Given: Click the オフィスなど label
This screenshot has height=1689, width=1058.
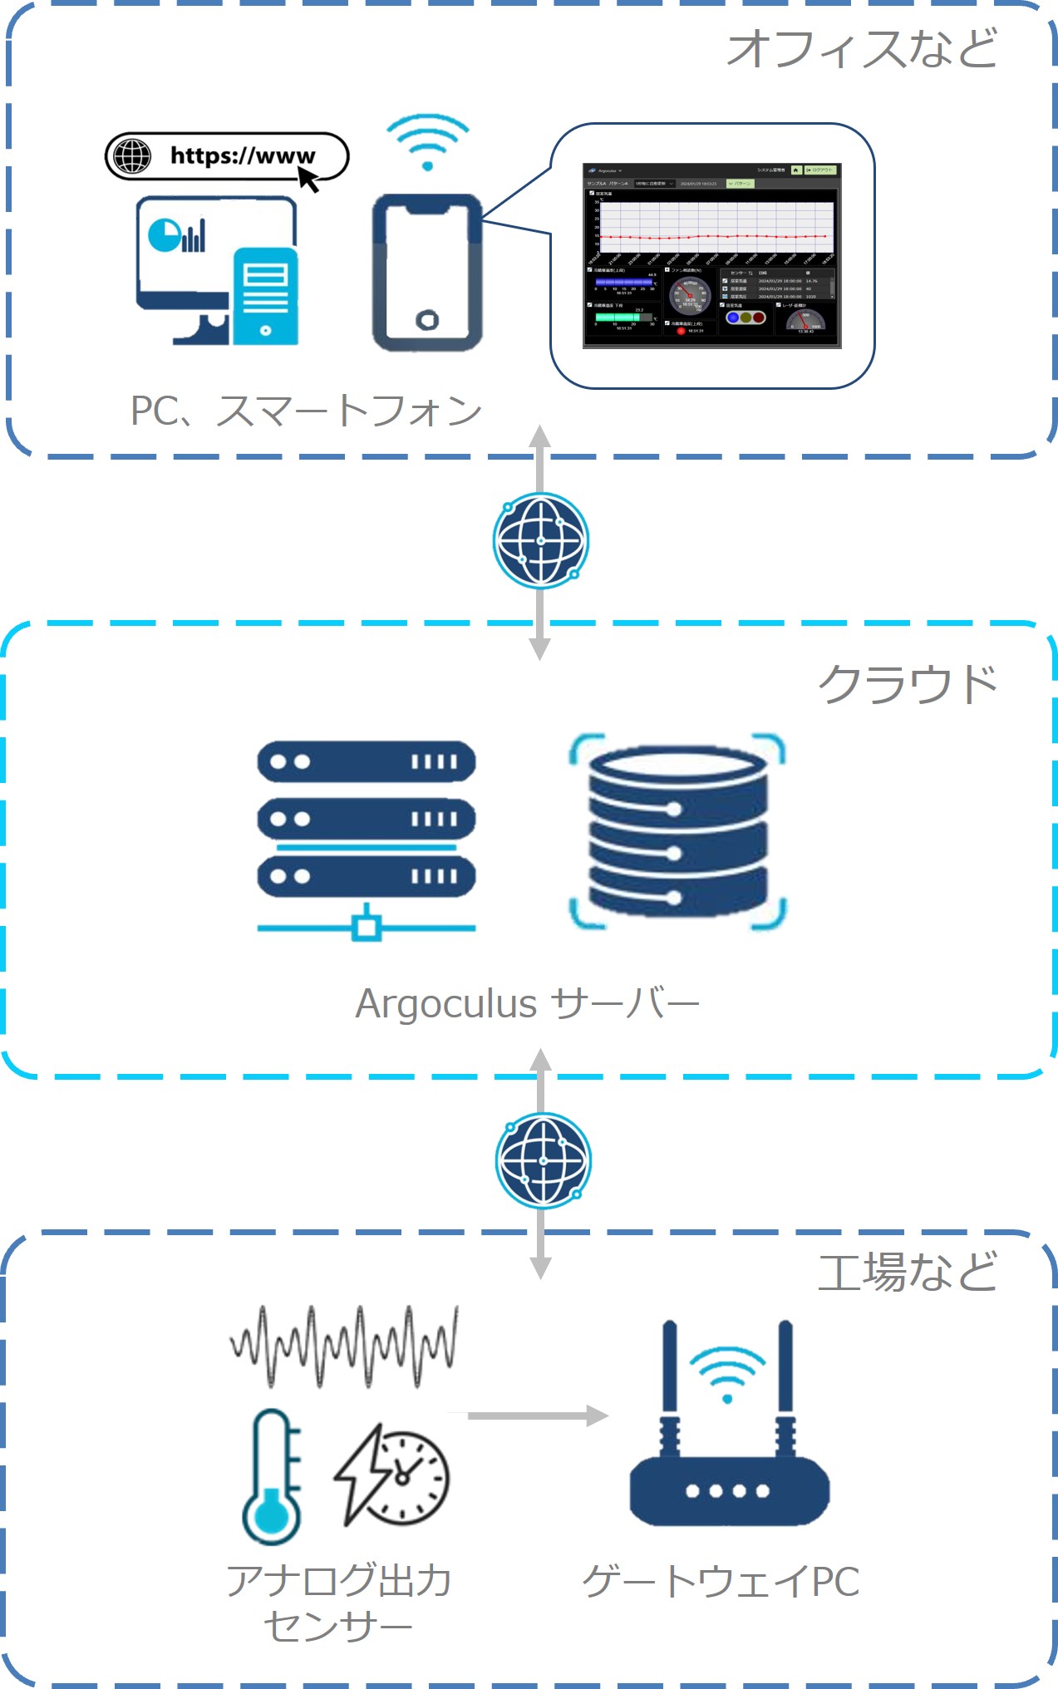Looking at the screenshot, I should tap(862, 48).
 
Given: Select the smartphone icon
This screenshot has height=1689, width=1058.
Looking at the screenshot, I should tap(427, 273).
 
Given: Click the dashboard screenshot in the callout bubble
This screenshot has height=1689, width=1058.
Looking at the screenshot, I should tap(711, 255).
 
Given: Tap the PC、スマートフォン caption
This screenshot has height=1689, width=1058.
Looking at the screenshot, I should tap(306, 411).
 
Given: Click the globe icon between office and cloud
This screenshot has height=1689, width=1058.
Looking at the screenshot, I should tap(540, 540).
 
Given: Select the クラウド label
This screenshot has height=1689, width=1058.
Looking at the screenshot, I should tap(908, 684).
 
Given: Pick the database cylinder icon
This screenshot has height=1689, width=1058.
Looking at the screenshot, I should tap(677, 831).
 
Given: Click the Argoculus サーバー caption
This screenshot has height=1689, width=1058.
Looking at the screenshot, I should tap(527, 1003).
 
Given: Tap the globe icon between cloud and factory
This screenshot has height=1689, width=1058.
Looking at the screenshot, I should tap(543, 1160).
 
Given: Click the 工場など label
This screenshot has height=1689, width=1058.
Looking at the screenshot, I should tap(908, 1273).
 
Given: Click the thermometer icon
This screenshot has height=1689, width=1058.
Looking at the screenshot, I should tap(271, 1476).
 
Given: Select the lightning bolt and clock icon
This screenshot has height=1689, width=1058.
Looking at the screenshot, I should tap(391, 1475).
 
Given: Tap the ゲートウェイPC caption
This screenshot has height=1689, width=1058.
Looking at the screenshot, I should tap(721, 1581).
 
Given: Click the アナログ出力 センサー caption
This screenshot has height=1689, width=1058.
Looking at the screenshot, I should tap(339, 1603).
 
